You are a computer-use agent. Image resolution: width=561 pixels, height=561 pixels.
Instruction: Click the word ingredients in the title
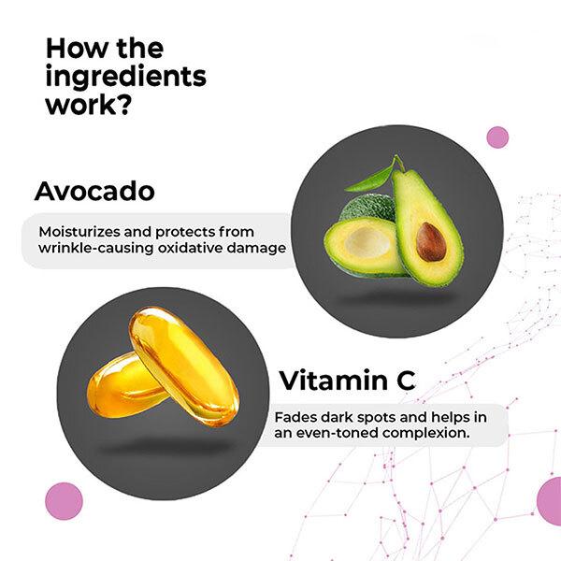point(125,76)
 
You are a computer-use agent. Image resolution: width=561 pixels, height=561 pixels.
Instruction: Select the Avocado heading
point(93,191)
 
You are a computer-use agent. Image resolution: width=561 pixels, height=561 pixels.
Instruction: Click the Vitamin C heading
point(347,381)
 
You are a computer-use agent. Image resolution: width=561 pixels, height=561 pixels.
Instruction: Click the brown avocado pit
point(431,241)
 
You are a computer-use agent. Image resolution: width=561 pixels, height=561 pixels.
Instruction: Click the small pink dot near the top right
point(497,137)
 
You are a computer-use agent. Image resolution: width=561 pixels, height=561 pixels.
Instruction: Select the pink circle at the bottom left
point(64,501)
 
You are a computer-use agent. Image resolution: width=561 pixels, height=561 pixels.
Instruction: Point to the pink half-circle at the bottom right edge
point(551,501)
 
